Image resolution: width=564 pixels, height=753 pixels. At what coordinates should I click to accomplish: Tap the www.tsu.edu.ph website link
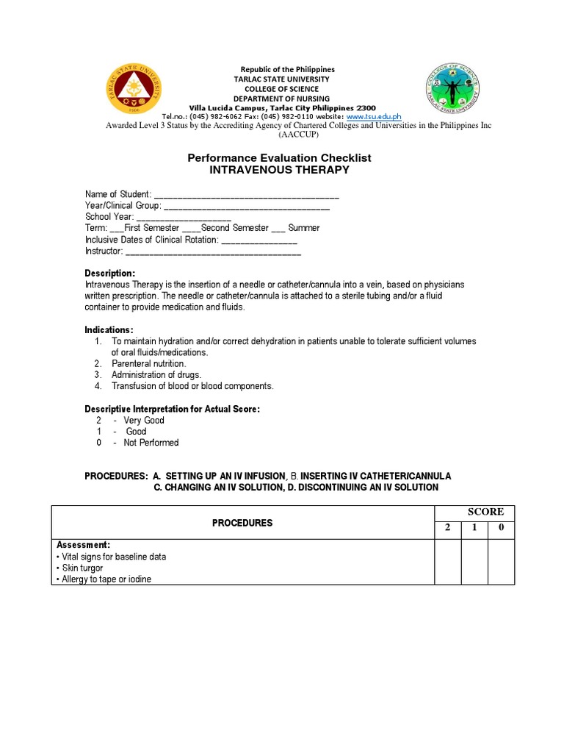(374, 117)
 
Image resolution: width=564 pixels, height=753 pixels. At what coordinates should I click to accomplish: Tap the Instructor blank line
(213, 251)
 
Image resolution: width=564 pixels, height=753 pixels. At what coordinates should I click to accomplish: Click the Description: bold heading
(110, 274)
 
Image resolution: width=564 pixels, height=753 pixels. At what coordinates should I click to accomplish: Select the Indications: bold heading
(109, 329)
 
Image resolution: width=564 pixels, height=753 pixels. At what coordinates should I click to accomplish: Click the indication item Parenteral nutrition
(149, 364)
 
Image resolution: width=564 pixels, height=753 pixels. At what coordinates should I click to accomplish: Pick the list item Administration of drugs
(156, 375)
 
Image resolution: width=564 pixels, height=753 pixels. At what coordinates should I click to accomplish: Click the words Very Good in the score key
(144, 421)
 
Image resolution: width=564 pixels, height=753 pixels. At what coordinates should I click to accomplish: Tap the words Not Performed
(151, 443)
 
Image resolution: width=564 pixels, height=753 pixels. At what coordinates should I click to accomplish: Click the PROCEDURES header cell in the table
(242, 523)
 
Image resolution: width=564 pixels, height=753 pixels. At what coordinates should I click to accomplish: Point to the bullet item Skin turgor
(82, 568)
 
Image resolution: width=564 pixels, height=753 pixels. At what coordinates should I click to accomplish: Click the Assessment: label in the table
(84, 546)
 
